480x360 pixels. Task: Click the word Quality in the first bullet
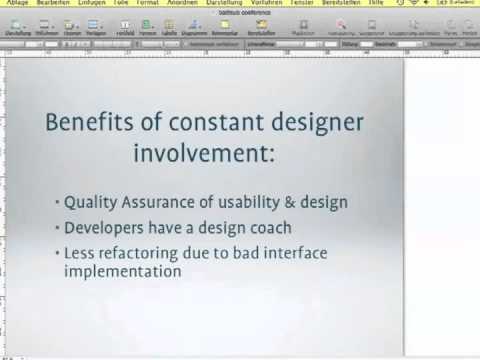(x=88, y=202)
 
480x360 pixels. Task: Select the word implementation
(x=122, y=271)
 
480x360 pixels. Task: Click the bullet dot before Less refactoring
(x=56, y=253)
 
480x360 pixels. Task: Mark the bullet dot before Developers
(x=56, y=228)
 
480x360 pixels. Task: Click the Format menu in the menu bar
(x=150, y=4)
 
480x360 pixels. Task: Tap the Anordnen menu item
(x=183, y=4)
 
